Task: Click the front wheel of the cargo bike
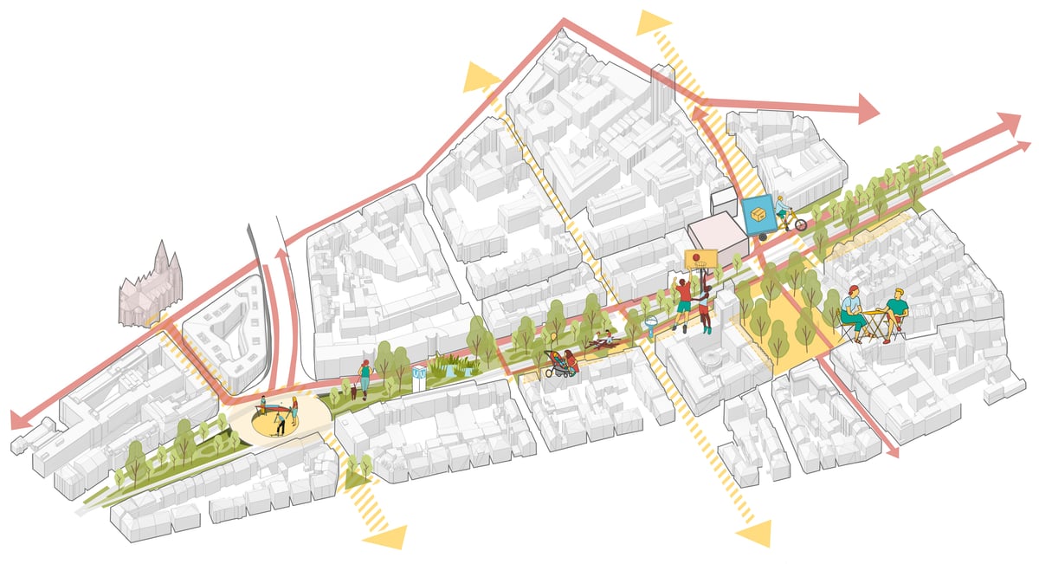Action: point(801,224)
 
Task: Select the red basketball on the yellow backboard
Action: point(694,256)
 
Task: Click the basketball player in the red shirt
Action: point(684,303)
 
